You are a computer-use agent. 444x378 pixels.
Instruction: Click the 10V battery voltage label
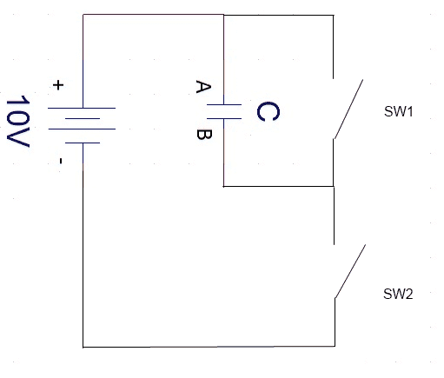pos(18,121)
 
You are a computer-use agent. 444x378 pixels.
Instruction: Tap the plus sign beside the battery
pos(58,85)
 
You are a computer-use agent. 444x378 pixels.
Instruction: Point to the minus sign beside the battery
pos(61,161)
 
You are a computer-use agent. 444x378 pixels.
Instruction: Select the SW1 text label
pos(398,111)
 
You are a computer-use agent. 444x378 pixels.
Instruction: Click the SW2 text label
pos(398,294)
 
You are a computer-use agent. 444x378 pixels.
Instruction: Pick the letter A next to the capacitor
pos(203,87)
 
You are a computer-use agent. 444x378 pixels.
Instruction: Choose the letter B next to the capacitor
pos(204,135)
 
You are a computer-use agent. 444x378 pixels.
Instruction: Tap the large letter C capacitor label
pos(268,111)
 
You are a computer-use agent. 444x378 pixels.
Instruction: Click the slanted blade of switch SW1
pos(348,109)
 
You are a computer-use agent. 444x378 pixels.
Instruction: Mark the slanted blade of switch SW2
pos(350,271)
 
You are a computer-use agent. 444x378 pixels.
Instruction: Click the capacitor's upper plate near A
pos(224,104)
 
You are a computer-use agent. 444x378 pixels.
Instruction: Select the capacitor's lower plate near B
pos(224,118)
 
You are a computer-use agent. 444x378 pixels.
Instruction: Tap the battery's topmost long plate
pos(82,109)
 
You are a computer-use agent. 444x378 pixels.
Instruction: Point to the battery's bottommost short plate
pos(83,143)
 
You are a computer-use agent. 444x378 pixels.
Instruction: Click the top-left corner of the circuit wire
pos(83,14)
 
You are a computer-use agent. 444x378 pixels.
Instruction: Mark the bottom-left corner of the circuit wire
pos(83,347)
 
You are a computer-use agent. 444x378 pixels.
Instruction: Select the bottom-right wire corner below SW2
pos(335,346)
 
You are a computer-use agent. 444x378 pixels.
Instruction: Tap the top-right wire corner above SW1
pos(334,15)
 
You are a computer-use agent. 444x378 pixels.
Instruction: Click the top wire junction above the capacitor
pos(223,15)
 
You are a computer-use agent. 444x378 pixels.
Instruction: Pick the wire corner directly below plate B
pos(223,186)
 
